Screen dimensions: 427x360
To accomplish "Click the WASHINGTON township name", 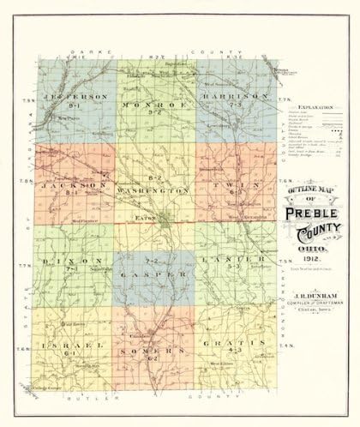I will pyautogui.click(x=155, y=189).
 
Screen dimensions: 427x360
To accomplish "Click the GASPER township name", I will pyautogui.click(x=155, y=274).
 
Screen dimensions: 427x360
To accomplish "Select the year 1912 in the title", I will pyautogui.click(x=314, y=260).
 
